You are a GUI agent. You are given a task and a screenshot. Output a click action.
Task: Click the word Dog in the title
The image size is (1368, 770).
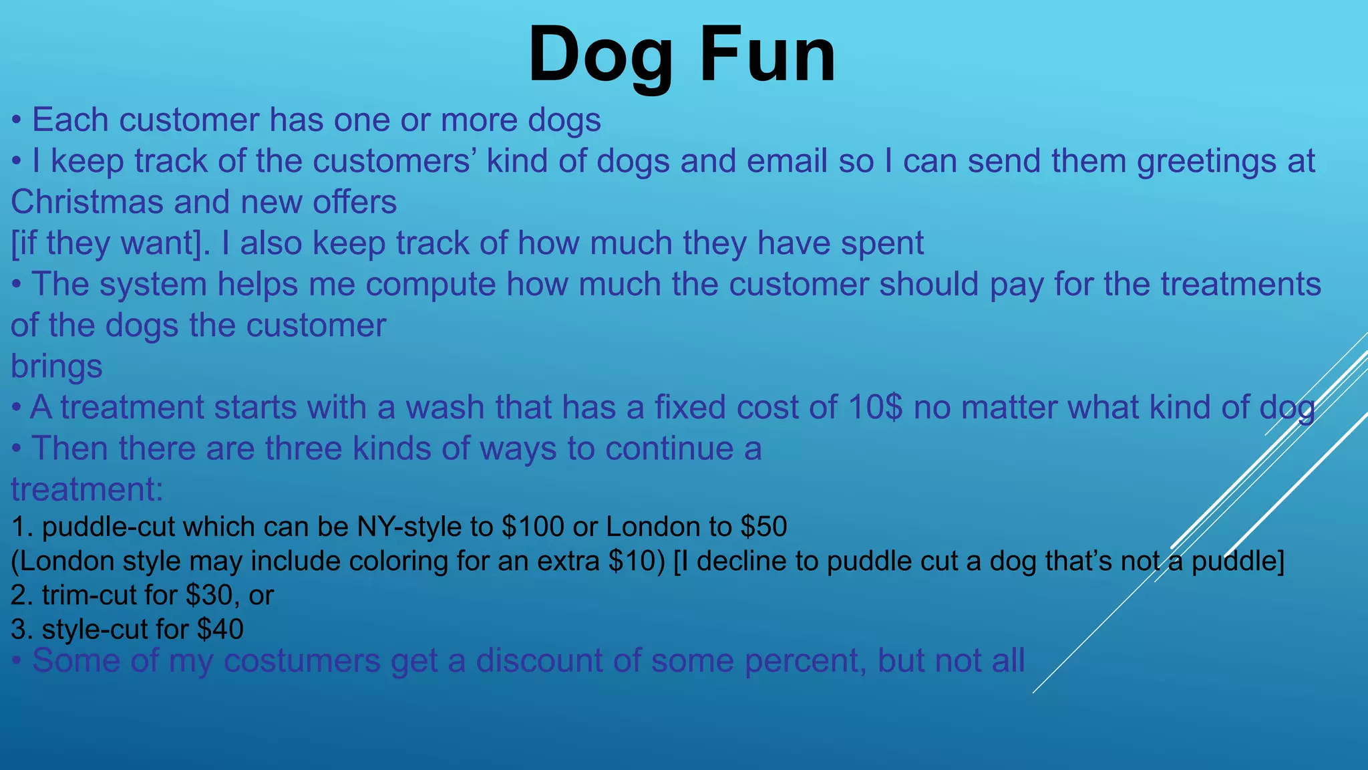(x=600, y=55)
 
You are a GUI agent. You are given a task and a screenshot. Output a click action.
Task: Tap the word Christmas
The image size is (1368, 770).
(x=87, y=202)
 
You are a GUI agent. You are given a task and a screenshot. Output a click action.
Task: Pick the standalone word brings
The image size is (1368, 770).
(x=57, y=367)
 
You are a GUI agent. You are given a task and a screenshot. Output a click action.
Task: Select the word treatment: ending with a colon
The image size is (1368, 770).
(x=87, y=489)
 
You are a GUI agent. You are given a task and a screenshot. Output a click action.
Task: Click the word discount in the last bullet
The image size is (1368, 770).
(x=539, y=660)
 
